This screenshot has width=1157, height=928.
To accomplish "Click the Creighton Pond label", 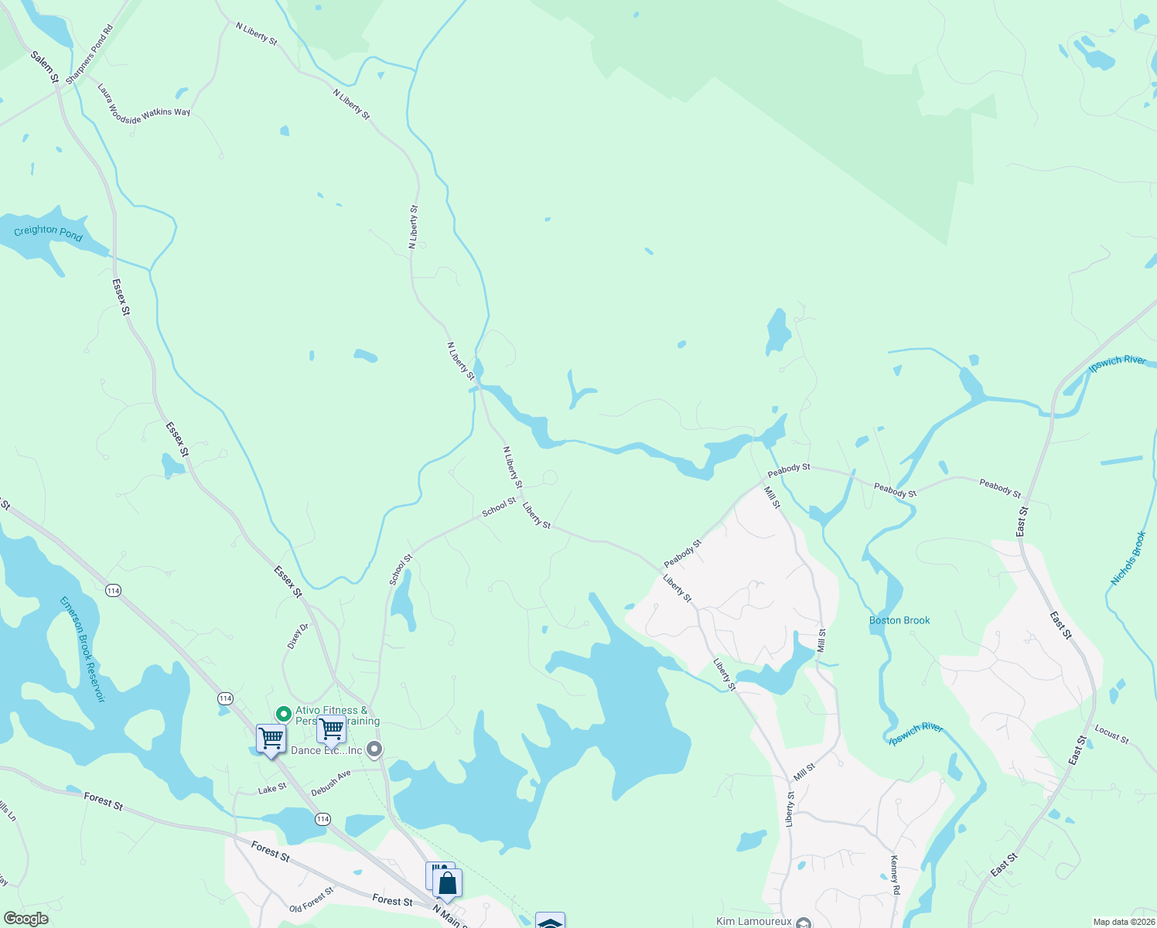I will [x=48, y=232].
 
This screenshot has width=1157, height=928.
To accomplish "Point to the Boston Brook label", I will [x=899, y=620].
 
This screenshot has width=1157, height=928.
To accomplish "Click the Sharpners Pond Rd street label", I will [x=90, y=54].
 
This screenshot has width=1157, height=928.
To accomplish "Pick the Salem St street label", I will [x=45, y=67].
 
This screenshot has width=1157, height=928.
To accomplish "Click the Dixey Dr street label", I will [x=297, y=636].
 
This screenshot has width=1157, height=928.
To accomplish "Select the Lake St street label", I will [x=272, y=789].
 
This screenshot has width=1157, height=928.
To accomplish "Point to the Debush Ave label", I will [x=331, y=783].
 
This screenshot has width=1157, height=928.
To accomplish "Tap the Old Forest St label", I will [x=311, y=899].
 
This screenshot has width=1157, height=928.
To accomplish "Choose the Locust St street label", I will [x=1111, y=734].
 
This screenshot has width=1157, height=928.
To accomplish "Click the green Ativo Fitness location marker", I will [x=283, y=714].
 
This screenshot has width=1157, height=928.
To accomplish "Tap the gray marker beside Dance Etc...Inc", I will [x=374, y=749].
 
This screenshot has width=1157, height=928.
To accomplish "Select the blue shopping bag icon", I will [x=447, y=882].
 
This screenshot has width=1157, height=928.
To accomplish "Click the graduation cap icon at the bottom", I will [x=550, y=922].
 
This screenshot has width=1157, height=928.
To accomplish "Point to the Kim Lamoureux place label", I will [x=753, y=921].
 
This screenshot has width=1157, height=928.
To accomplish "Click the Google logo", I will [x=26, y=919].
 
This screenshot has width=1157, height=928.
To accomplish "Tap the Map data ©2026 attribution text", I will [x=1123, y=922].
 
